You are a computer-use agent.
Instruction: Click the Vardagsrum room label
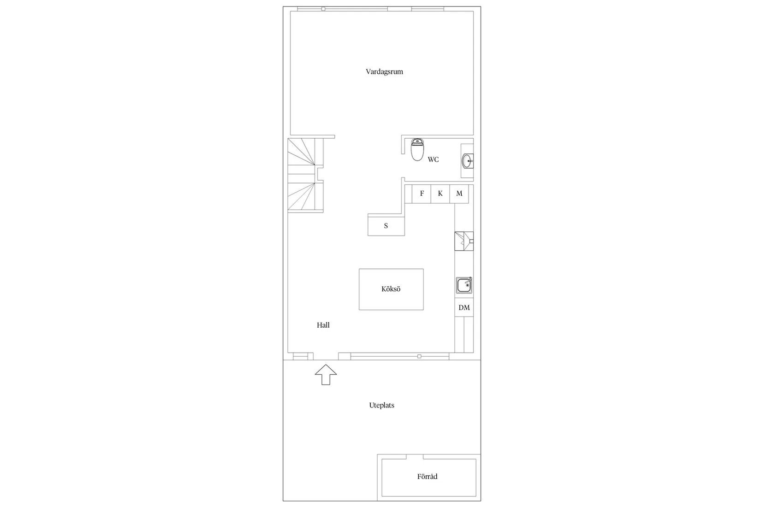pyautogui.click(x=384, y=71)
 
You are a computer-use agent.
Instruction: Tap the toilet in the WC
pyautogui.click(x=417, y=149)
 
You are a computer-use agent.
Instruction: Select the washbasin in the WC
pyautogui.click(x=468, y=161)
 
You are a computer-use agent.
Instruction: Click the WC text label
pyautogui.click(x=433, y=159)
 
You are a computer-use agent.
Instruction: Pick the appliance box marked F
pyautogui.click(x=422, y=194)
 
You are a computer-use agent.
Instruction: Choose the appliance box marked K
pyautogui.click(x=440, y=194)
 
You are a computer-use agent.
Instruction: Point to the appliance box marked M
pyautogui.click(x=459, y=194)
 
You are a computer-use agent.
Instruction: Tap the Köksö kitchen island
pyautogui.click(x=391, y=289)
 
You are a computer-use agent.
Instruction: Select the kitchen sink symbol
pyautogui.click(x=464, y=285)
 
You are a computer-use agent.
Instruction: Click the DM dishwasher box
pyautogui.click(x=464, y=308)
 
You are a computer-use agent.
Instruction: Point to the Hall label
pyautogui.click(x=323, y=325)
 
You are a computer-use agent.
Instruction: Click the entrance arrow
pyautogui.click(x=326, y=375)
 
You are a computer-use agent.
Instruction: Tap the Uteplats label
pyautogui.click(x=381, y=406)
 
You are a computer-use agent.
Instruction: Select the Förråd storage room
pyautogui.click(x=429, y=478)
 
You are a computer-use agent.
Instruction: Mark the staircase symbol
pyautogui.click(x=305, y=175)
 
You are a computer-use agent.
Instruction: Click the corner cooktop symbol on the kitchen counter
pyautogui.click(x=464, y=241)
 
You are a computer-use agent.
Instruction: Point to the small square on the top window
pyautogui.click(x=323, y=9)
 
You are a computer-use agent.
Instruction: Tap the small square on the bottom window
pyautogui.click(x=419, y=356)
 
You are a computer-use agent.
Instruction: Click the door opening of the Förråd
pyautogui.click(x=415, y=457)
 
